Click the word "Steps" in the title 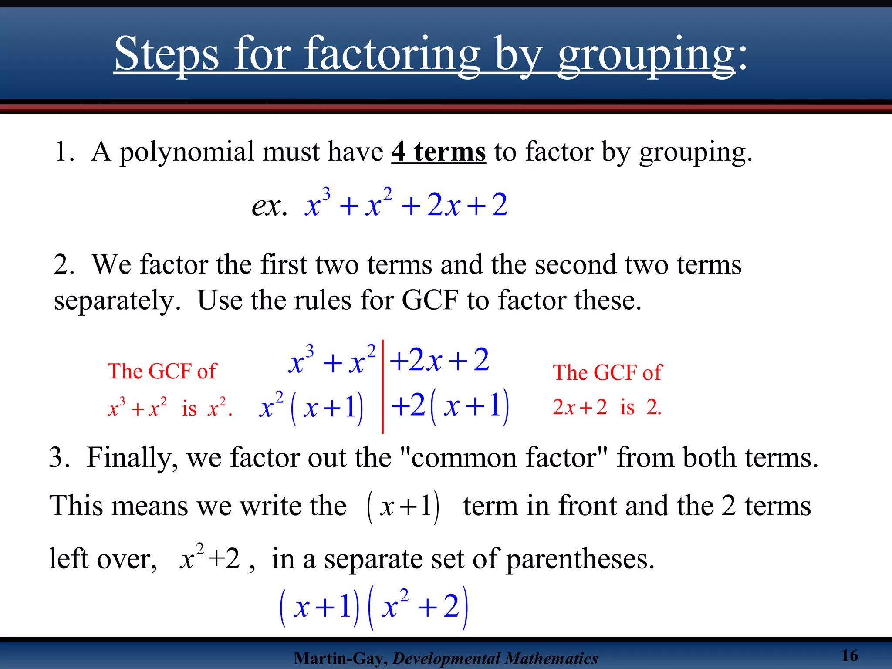[166, 54]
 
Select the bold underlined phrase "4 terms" [438, 152]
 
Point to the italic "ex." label [269, 206]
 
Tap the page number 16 [849, 655]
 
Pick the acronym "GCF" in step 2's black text [429, 300]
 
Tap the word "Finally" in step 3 [132, 458]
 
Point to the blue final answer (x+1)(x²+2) [373, 607]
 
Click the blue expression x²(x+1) [311, 408]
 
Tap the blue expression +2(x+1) [450, 406]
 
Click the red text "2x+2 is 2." [607, 407]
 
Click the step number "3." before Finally [59, 458]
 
